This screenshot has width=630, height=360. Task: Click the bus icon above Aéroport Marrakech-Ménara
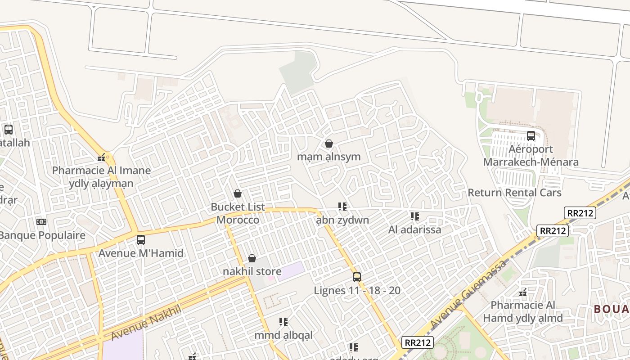(531, 136)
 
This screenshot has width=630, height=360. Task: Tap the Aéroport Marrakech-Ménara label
(531, 156)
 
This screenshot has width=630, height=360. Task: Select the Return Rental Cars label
(514, 193)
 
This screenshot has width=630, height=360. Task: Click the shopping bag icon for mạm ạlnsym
(329, 144)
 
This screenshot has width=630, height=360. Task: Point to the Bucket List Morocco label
(238, 213)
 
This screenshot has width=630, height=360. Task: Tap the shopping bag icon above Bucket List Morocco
(238, 193)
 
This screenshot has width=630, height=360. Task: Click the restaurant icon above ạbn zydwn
(342, 207)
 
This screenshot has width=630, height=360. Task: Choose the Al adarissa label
(414, 229)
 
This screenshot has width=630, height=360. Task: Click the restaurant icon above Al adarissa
(415, 216)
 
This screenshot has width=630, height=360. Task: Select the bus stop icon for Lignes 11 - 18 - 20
(357, 277)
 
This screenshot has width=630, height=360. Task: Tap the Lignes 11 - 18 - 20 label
(357, 291)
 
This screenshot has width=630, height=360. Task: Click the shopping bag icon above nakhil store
(252, 258)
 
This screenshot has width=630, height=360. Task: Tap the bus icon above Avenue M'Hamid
(141, 240)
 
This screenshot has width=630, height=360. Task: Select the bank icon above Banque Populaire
(41, 222)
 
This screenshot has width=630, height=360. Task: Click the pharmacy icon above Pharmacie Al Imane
(102, 157)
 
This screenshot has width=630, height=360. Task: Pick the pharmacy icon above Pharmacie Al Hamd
(523, 292)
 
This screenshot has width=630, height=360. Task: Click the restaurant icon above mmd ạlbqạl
(283, 322)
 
